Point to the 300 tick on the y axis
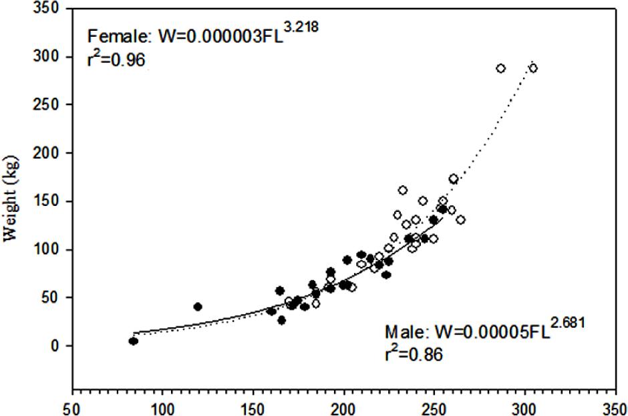point(49,57)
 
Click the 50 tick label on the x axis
point(71,407)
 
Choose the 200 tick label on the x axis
point(343,407)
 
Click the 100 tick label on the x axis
point(162,407)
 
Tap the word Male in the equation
point(404,332)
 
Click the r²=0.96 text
point(116,59)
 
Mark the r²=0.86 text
point(413,355)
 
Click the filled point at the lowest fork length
point(134,341)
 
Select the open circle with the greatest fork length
point(533,68)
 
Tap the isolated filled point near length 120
point(198,306)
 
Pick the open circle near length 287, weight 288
point(500,68)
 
